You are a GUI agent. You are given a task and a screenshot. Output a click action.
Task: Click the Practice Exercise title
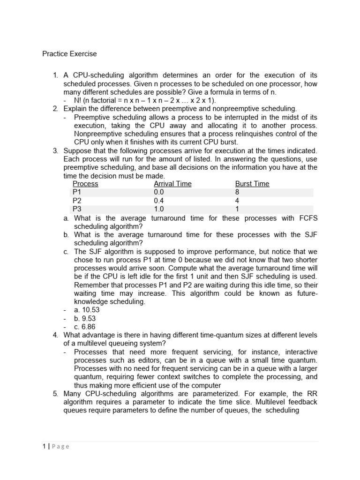(x=69, y=54)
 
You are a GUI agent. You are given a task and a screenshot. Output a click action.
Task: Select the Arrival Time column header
(x=172, y=184)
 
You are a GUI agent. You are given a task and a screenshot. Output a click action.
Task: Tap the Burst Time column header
(x=252, y=184)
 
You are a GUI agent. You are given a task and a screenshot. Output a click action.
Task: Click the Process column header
(x=86, y=184)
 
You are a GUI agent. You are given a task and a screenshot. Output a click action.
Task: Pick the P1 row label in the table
(x=77, y=192)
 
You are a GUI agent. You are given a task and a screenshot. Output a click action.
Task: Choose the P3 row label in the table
(x=77, y=209)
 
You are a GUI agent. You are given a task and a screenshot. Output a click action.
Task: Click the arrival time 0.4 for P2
(x=159, y=201)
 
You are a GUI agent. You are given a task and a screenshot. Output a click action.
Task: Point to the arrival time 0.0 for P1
(x=159, y=192)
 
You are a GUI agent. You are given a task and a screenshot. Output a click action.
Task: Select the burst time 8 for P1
(x=237, y=192)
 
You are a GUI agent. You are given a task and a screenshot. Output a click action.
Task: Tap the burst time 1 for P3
(x=237, y=209)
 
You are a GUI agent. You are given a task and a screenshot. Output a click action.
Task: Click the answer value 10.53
(x=90, y=310)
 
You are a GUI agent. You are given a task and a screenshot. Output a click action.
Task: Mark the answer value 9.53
(x=89, y=318)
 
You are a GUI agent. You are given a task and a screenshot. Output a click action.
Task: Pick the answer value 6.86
(x=89, y=327)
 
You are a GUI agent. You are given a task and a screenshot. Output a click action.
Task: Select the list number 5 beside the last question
(x=55, y=394)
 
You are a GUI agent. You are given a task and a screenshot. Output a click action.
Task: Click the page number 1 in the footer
(x=43, y=446)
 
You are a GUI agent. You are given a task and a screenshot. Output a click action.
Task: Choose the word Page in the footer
(x=60, y=446)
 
